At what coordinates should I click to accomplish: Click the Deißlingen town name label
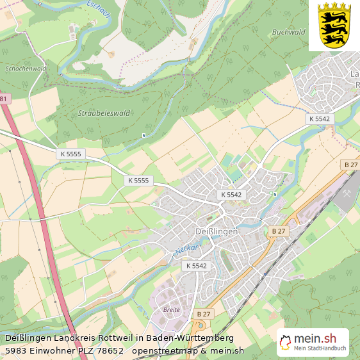[x=216, y=231]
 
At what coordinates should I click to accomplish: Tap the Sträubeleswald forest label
[x=104, y=113]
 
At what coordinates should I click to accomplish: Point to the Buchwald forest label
[x=288, y=31]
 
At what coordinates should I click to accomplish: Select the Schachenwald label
[x=26, y=68]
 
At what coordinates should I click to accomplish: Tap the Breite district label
[x=172, y=309]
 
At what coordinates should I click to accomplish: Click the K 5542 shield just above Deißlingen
[x=232, y=194]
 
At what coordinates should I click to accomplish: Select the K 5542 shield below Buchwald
[x=319, y=119]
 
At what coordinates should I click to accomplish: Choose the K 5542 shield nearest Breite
[x=197, y=265]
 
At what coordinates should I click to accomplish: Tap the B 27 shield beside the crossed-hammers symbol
[x=350, y=165]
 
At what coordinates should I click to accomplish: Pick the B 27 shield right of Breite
[x=204, y=313]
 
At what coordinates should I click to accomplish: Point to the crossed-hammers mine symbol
[x=348, y=192]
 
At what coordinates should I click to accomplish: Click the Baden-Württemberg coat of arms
[x=334, y=25]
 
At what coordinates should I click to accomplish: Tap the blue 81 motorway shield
[x=4, y=99]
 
